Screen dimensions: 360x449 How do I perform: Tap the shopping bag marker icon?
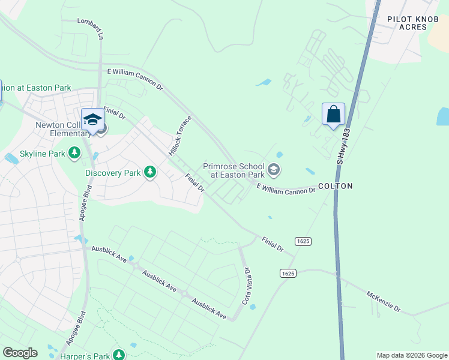(333, 113)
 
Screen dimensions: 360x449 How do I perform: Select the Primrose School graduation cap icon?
(274, 170)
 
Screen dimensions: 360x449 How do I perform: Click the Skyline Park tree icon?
(74, 154)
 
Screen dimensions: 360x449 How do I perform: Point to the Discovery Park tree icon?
(149, 173)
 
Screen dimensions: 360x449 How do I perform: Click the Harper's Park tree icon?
(119, 355)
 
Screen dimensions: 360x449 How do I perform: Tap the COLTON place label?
(335, 186)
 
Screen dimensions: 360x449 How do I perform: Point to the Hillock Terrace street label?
(181, 135)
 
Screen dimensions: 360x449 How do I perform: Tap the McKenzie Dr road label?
(384, 301)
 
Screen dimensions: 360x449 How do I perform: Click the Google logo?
(20, 353)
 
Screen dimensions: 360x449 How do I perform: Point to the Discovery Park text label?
(112, 173)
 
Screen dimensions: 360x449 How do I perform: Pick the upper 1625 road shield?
(303, 241)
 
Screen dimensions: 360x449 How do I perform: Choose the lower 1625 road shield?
(288, 273)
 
